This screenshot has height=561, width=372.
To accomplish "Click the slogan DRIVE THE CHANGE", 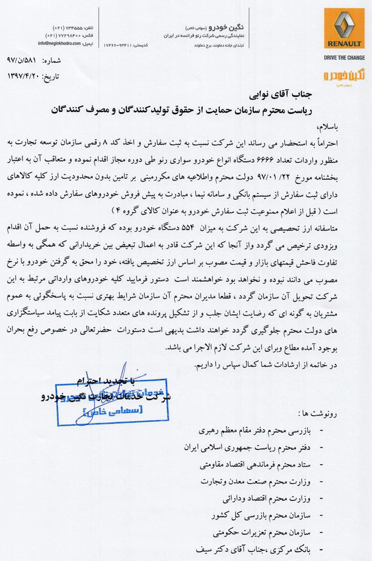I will click(x=344, y=58).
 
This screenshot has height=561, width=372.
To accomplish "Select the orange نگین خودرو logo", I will click(x=344, y=76).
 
